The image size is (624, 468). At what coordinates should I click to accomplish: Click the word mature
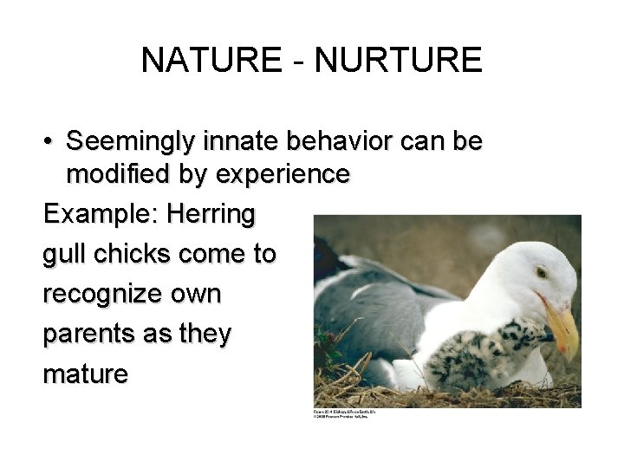[x=85, y=374]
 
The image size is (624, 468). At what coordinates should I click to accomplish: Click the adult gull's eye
[x=542, y=273]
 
